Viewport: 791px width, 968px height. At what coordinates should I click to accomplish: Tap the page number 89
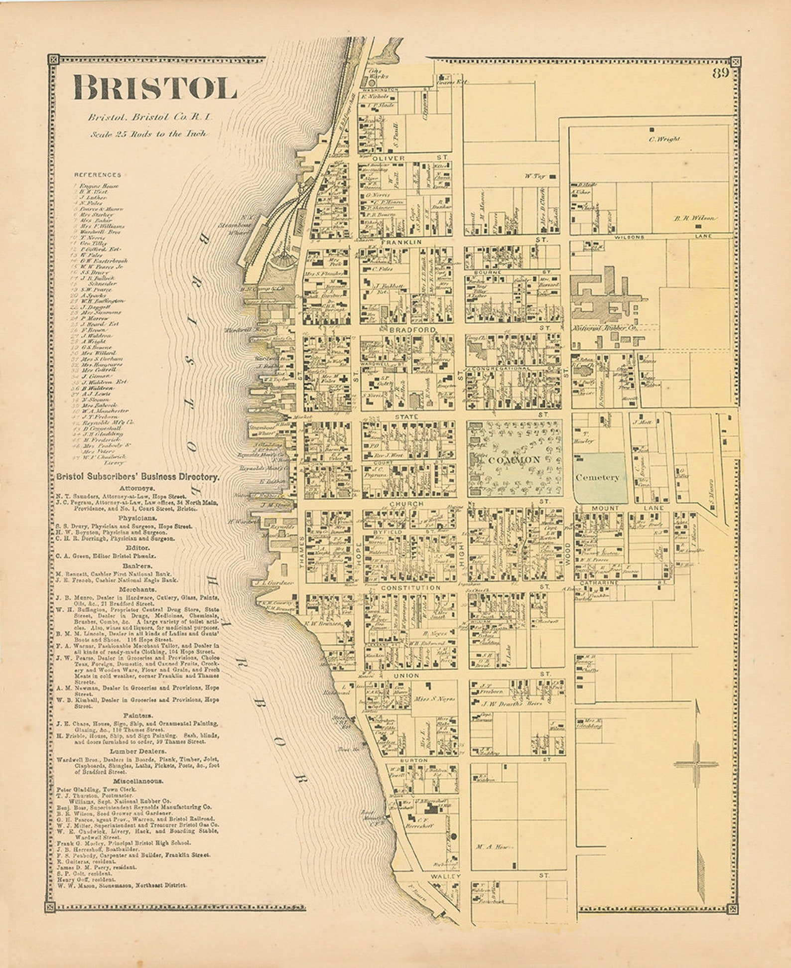point(720,73)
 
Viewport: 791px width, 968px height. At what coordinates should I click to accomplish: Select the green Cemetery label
point(597,477)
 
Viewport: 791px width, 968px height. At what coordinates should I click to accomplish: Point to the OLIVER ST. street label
point(389,158)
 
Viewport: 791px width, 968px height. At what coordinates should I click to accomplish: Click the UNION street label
point(406,675)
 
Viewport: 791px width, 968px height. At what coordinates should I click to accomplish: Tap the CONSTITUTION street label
point(410,588)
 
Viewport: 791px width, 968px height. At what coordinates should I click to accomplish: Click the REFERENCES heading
point(98,175)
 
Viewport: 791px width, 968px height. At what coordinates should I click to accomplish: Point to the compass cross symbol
point(696,764)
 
